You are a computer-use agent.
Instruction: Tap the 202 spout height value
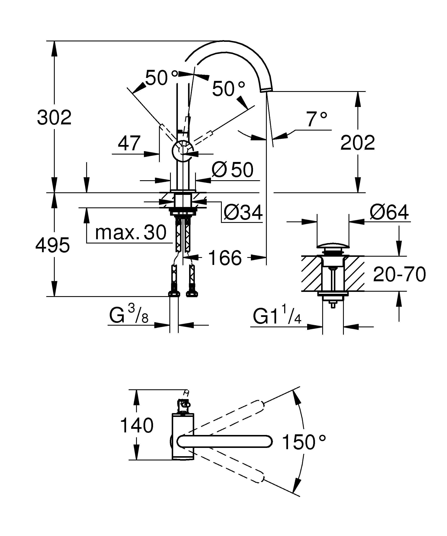357,143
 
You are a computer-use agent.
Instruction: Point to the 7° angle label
316,119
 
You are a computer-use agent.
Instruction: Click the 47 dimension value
129,143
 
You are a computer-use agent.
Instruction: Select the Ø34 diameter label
243,212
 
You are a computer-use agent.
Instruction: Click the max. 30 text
131,232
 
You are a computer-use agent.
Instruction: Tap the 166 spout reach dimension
225,258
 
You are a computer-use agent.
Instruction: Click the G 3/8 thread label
129,315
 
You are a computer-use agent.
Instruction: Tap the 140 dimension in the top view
137,425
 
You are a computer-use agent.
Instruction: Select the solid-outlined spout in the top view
225,441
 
